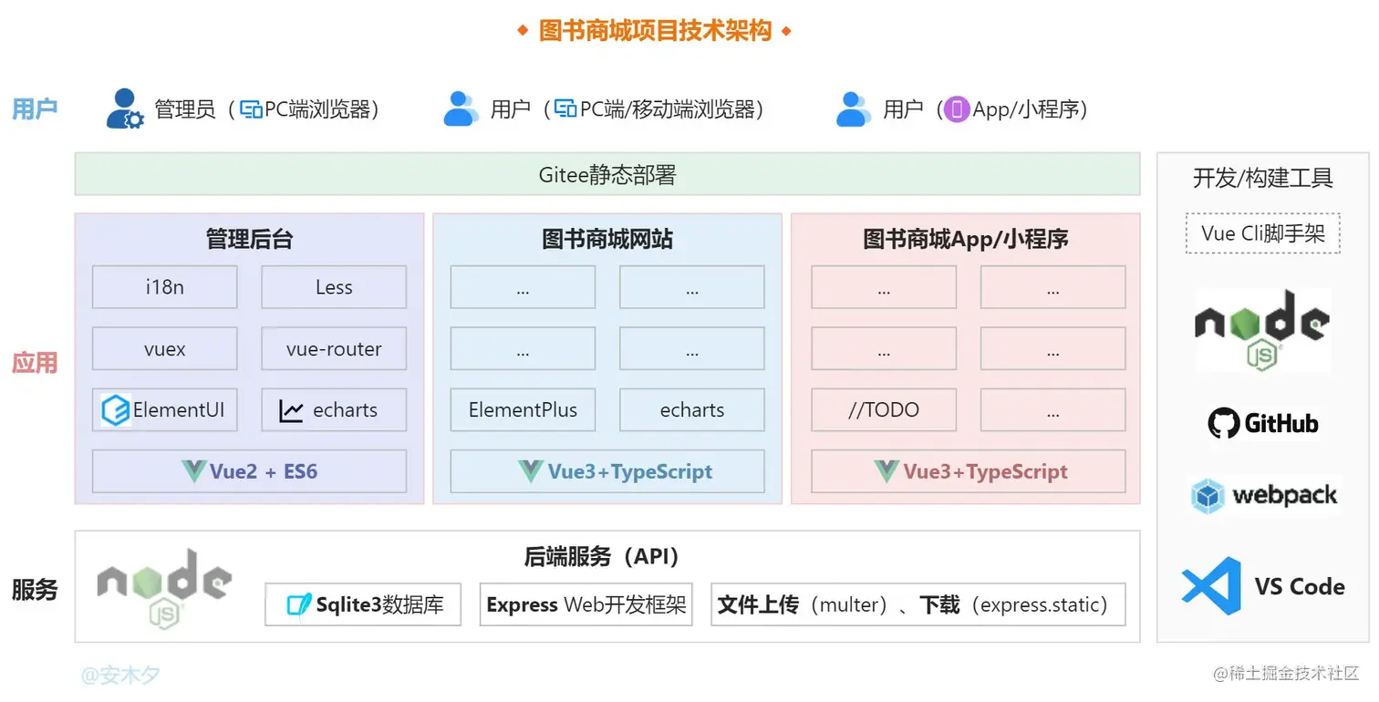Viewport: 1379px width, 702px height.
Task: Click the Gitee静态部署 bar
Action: (607, 174)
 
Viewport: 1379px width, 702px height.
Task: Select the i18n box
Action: (164, 287)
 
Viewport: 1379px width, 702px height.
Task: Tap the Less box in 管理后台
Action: (334, 287)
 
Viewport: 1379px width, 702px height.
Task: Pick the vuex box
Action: (164, 349)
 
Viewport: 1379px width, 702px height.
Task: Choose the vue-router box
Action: (334, 349)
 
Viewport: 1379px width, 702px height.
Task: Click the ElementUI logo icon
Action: (116, 410)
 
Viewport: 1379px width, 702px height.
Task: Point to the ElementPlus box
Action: (523, 410)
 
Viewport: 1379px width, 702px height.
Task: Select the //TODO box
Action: (884, 410)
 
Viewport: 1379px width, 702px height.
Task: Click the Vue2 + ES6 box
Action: (249, 471)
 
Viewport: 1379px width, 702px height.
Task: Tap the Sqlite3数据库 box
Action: (363, 604)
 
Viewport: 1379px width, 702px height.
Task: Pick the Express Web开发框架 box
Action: (586, 604)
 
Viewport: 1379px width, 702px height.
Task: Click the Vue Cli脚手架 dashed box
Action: (1263, 233)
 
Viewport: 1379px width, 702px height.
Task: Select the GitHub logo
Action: (1263, 423)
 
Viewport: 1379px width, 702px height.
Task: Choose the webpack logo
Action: (1263, 496)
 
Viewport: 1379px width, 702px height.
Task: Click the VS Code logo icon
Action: (1211, 585)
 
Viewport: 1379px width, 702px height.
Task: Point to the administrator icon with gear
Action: (125, 109)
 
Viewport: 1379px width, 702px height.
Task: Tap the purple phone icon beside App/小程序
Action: (956, 109)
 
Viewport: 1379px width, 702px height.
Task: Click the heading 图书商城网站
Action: (607, 240)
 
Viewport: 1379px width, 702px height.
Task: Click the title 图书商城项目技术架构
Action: (655, 31)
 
